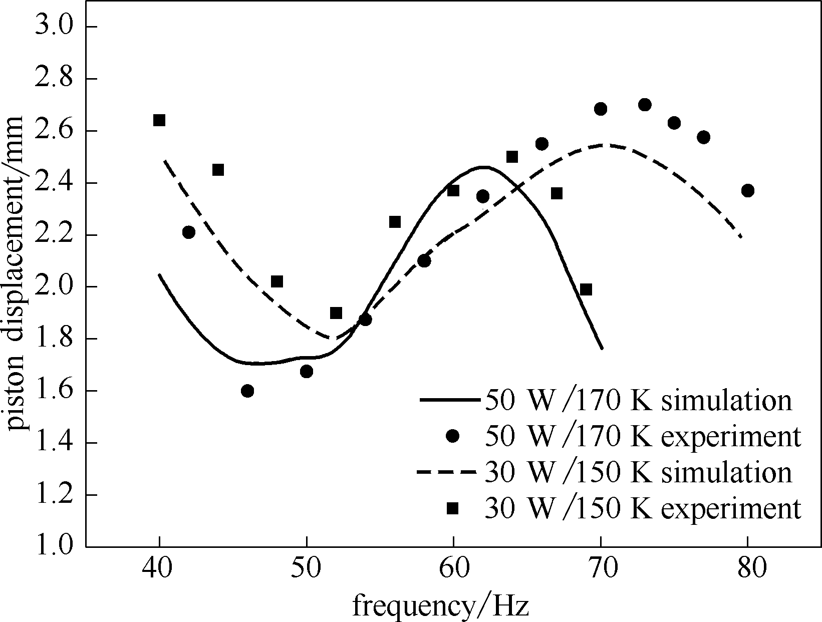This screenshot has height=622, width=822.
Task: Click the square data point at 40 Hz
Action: pos(159,120)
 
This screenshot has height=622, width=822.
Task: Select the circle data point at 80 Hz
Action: pos(748,191)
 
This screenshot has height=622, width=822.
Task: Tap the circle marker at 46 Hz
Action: pos(247,391)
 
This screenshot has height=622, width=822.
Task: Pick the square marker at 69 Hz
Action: pos(586,289)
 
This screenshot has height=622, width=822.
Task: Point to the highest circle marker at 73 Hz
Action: pos(645,105)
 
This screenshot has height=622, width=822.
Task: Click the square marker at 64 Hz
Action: pos(512,157)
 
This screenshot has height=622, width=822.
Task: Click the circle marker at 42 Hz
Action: pos(189,232)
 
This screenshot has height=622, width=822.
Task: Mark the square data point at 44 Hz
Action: pos(218,170)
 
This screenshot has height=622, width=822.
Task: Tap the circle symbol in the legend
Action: pos(453,437)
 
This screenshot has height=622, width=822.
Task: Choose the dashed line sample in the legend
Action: pos(446,472)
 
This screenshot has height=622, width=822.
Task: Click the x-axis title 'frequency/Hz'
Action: pos(441,606)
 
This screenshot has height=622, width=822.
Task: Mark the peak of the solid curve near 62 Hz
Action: pos(483,167)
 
